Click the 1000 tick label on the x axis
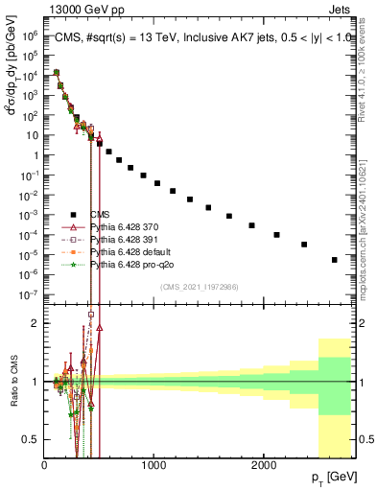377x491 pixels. (x=154, y=465)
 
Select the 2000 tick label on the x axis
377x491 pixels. (x=264, y=465)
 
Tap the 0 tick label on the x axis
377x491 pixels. (x=45, y=465)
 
